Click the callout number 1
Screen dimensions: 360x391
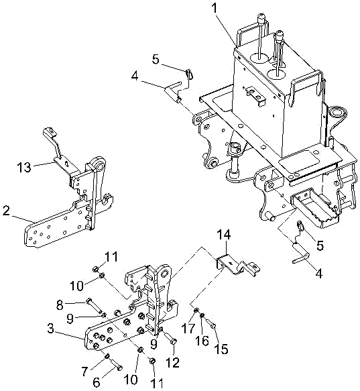click(214, 8)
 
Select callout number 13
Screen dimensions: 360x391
click(24, 167)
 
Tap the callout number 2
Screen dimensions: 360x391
click(6, 211)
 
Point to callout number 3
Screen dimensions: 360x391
click(50, 329)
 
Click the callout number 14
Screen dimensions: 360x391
click(224, 235)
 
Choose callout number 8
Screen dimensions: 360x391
click(60, 304)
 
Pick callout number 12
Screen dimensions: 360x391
click(173, 362)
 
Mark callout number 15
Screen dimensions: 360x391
click(221, 349)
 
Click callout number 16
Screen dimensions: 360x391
click(202, 341)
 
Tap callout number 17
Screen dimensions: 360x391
click(188, 328)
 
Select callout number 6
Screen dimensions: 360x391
click(97, 382)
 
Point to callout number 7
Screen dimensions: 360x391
click(84, 372)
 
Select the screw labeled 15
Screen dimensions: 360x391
click(211, 324)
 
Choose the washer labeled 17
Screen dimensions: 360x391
click(196, 311)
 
